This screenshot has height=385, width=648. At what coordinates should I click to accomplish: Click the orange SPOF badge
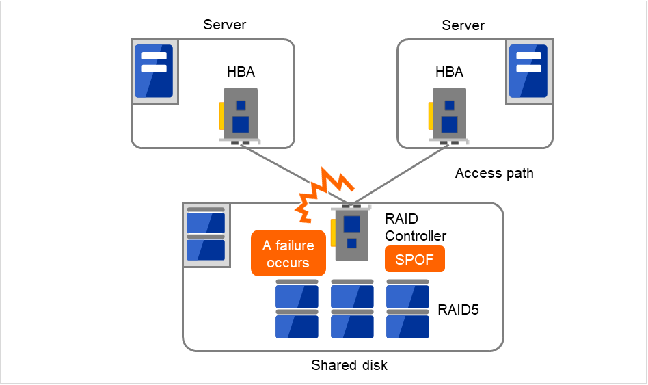(x=415, y=259)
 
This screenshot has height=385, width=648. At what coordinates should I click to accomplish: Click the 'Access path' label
(x=494, y=174)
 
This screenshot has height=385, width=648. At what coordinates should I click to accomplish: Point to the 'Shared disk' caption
(x=349, y=365)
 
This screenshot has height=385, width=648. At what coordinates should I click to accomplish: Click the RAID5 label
(x=458, y=309)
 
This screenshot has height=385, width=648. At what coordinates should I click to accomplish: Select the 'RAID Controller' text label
(x=416, y=228)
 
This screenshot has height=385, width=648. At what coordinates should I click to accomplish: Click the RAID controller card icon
(x=351, y=233)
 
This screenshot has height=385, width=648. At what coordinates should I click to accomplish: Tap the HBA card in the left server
(x=239, y=116)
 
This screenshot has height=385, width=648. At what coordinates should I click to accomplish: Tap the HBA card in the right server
(x=448, y=116)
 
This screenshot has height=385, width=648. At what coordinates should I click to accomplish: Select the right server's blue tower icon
(x=528, y=71)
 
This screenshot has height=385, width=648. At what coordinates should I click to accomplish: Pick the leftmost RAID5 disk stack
(x=297, y=308)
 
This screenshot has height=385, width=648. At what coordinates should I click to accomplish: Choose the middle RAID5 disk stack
(x=352, y=308)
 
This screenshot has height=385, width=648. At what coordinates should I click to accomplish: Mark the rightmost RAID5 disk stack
(x=407, y=308)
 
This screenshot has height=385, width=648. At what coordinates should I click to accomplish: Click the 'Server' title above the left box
(x=225, y=25)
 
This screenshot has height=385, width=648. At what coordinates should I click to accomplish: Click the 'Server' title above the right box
(x=463, y=25)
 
